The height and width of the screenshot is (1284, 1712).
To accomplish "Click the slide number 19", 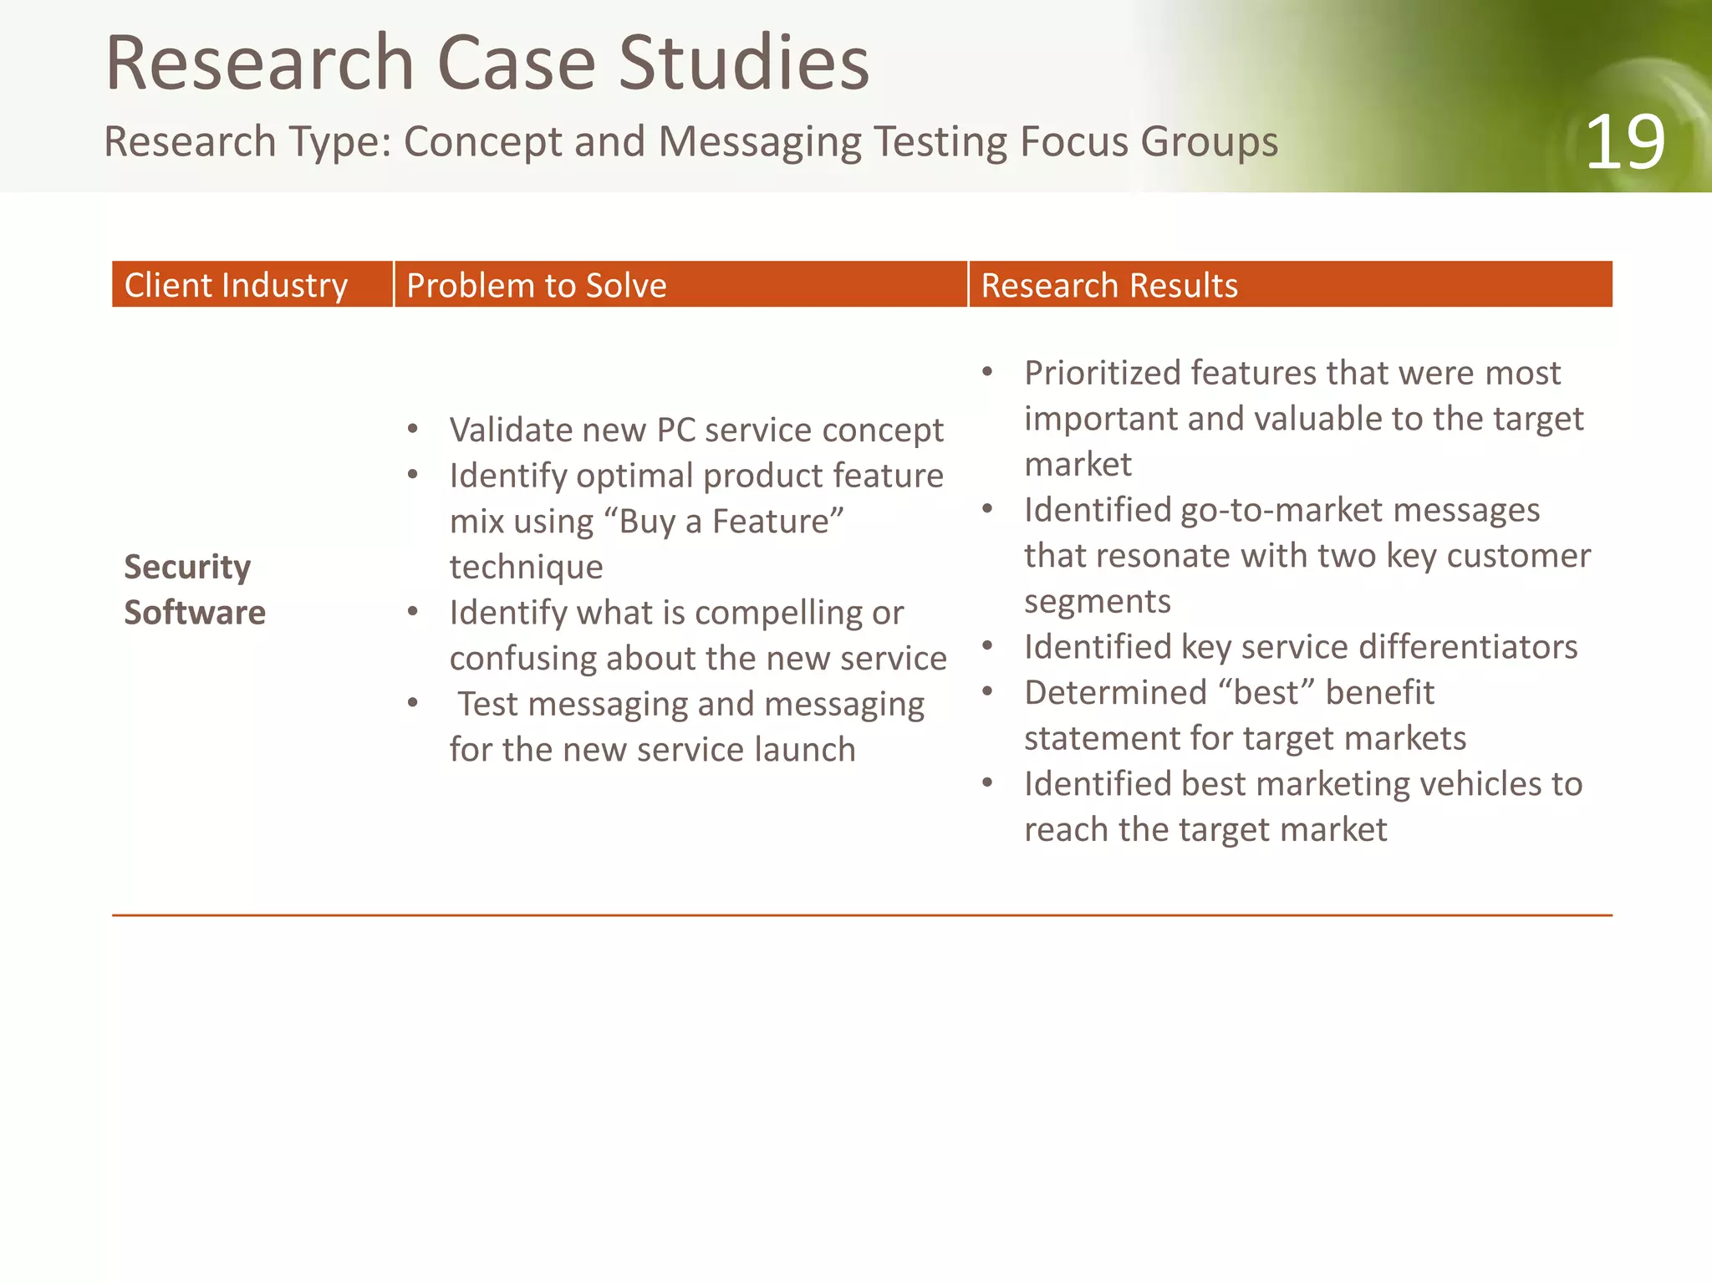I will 1624,143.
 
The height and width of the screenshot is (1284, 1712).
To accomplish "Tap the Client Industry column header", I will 236,285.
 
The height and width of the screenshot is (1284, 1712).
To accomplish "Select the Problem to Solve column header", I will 536,285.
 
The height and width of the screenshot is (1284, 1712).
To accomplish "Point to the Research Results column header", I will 1108,285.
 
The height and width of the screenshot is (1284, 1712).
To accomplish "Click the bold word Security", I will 187,567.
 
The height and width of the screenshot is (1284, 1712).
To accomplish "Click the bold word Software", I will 195,613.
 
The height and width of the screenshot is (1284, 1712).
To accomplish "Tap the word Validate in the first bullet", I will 510,430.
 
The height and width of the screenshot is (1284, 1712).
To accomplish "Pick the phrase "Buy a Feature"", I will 724,521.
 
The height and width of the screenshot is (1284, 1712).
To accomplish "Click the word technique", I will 526,567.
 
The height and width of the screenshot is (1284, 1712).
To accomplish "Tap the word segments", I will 1097,601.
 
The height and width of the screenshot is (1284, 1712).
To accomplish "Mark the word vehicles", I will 1480,784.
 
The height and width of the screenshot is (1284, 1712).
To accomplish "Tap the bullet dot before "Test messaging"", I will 412,703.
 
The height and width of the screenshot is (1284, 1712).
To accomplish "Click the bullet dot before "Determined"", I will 987,691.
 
